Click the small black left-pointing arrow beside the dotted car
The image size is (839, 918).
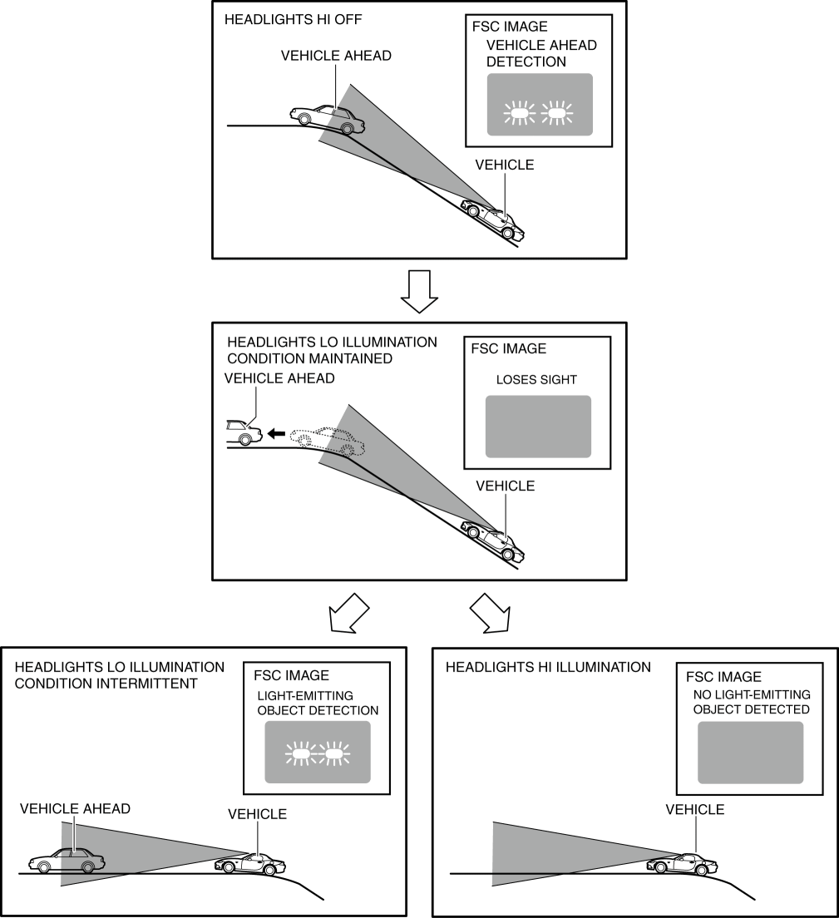275,433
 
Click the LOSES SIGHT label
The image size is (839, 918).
536,380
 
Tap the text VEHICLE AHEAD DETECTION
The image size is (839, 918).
541,53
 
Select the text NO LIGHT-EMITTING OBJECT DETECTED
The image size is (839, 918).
752,702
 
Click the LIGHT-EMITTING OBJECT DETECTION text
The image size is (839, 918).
318,703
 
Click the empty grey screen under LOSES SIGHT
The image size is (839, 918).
537,426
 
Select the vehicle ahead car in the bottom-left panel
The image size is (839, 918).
62,861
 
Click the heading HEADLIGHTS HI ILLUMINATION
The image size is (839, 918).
548,667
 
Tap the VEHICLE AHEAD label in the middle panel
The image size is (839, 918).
279,378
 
